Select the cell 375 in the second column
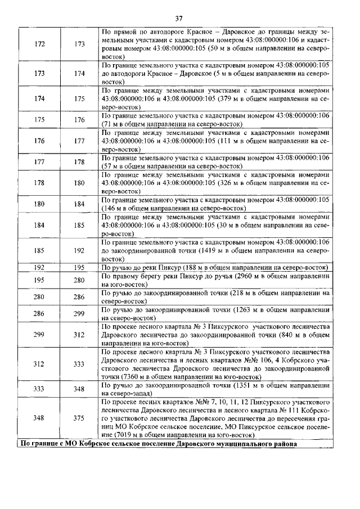79,418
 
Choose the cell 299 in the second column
79,313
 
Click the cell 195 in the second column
79,267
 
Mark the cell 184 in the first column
39,224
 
